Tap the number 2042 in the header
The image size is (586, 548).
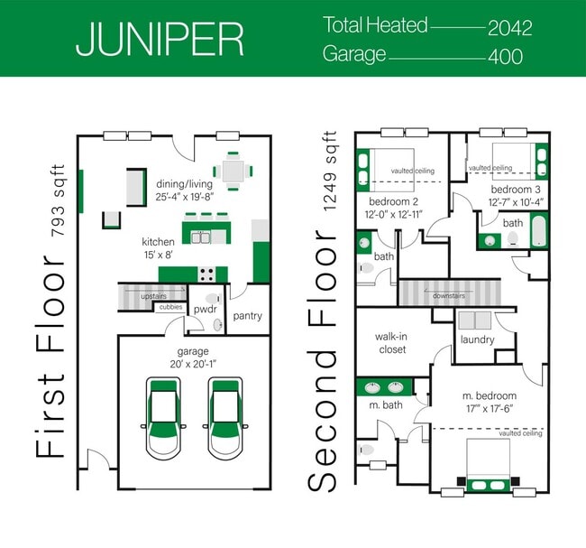pyautogui.click(x=509, y=27)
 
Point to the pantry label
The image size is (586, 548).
pyautogui.click(x=247, y=317)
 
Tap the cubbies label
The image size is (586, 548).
pyautogui.click(x=171, y=307)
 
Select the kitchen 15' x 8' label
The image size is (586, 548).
pyautogui.click(x=159, y=248)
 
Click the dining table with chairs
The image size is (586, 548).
pyautogui.click(x=233, y=171)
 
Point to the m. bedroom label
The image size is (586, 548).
pyautogui.click(x=490, y=395)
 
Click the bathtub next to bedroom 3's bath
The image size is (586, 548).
pyautogui.click(x=538, y=231)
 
